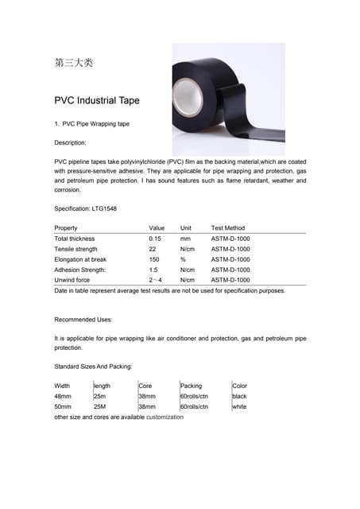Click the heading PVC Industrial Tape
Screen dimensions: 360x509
96,101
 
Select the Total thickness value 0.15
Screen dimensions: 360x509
155,239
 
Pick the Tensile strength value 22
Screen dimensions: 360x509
152,249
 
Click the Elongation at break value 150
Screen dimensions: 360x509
154,259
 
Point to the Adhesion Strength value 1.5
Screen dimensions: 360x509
153,270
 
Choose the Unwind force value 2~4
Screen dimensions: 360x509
156,280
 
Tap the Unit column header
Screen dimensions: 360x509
186,228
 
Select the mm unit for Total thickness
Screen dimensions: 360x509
185,239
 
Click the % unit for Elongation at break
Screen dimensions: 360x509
183,259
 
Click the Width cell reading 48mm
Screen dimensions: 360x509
63,396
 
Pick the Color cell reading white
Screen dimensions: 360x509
240,406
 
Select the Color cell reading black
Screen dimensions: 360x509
240,396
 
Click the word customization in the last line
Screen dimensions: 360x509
165,417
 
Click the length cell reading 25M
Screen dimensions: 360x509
100,406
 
